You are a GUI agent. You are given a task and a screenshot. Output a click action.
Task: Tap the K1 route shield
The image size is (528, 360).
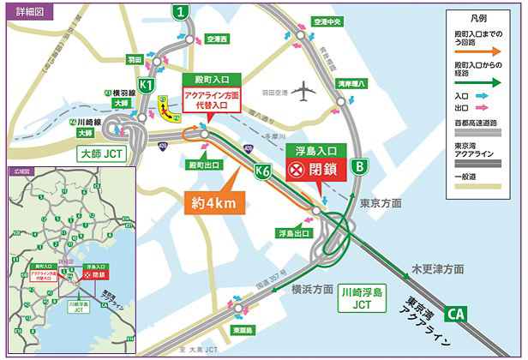pyautogui.click(x=147, y=86)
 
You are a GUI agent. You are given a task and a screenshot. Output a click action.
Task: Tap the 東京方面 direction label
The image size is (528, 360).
pyautogui.click(x=381, y=203)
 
